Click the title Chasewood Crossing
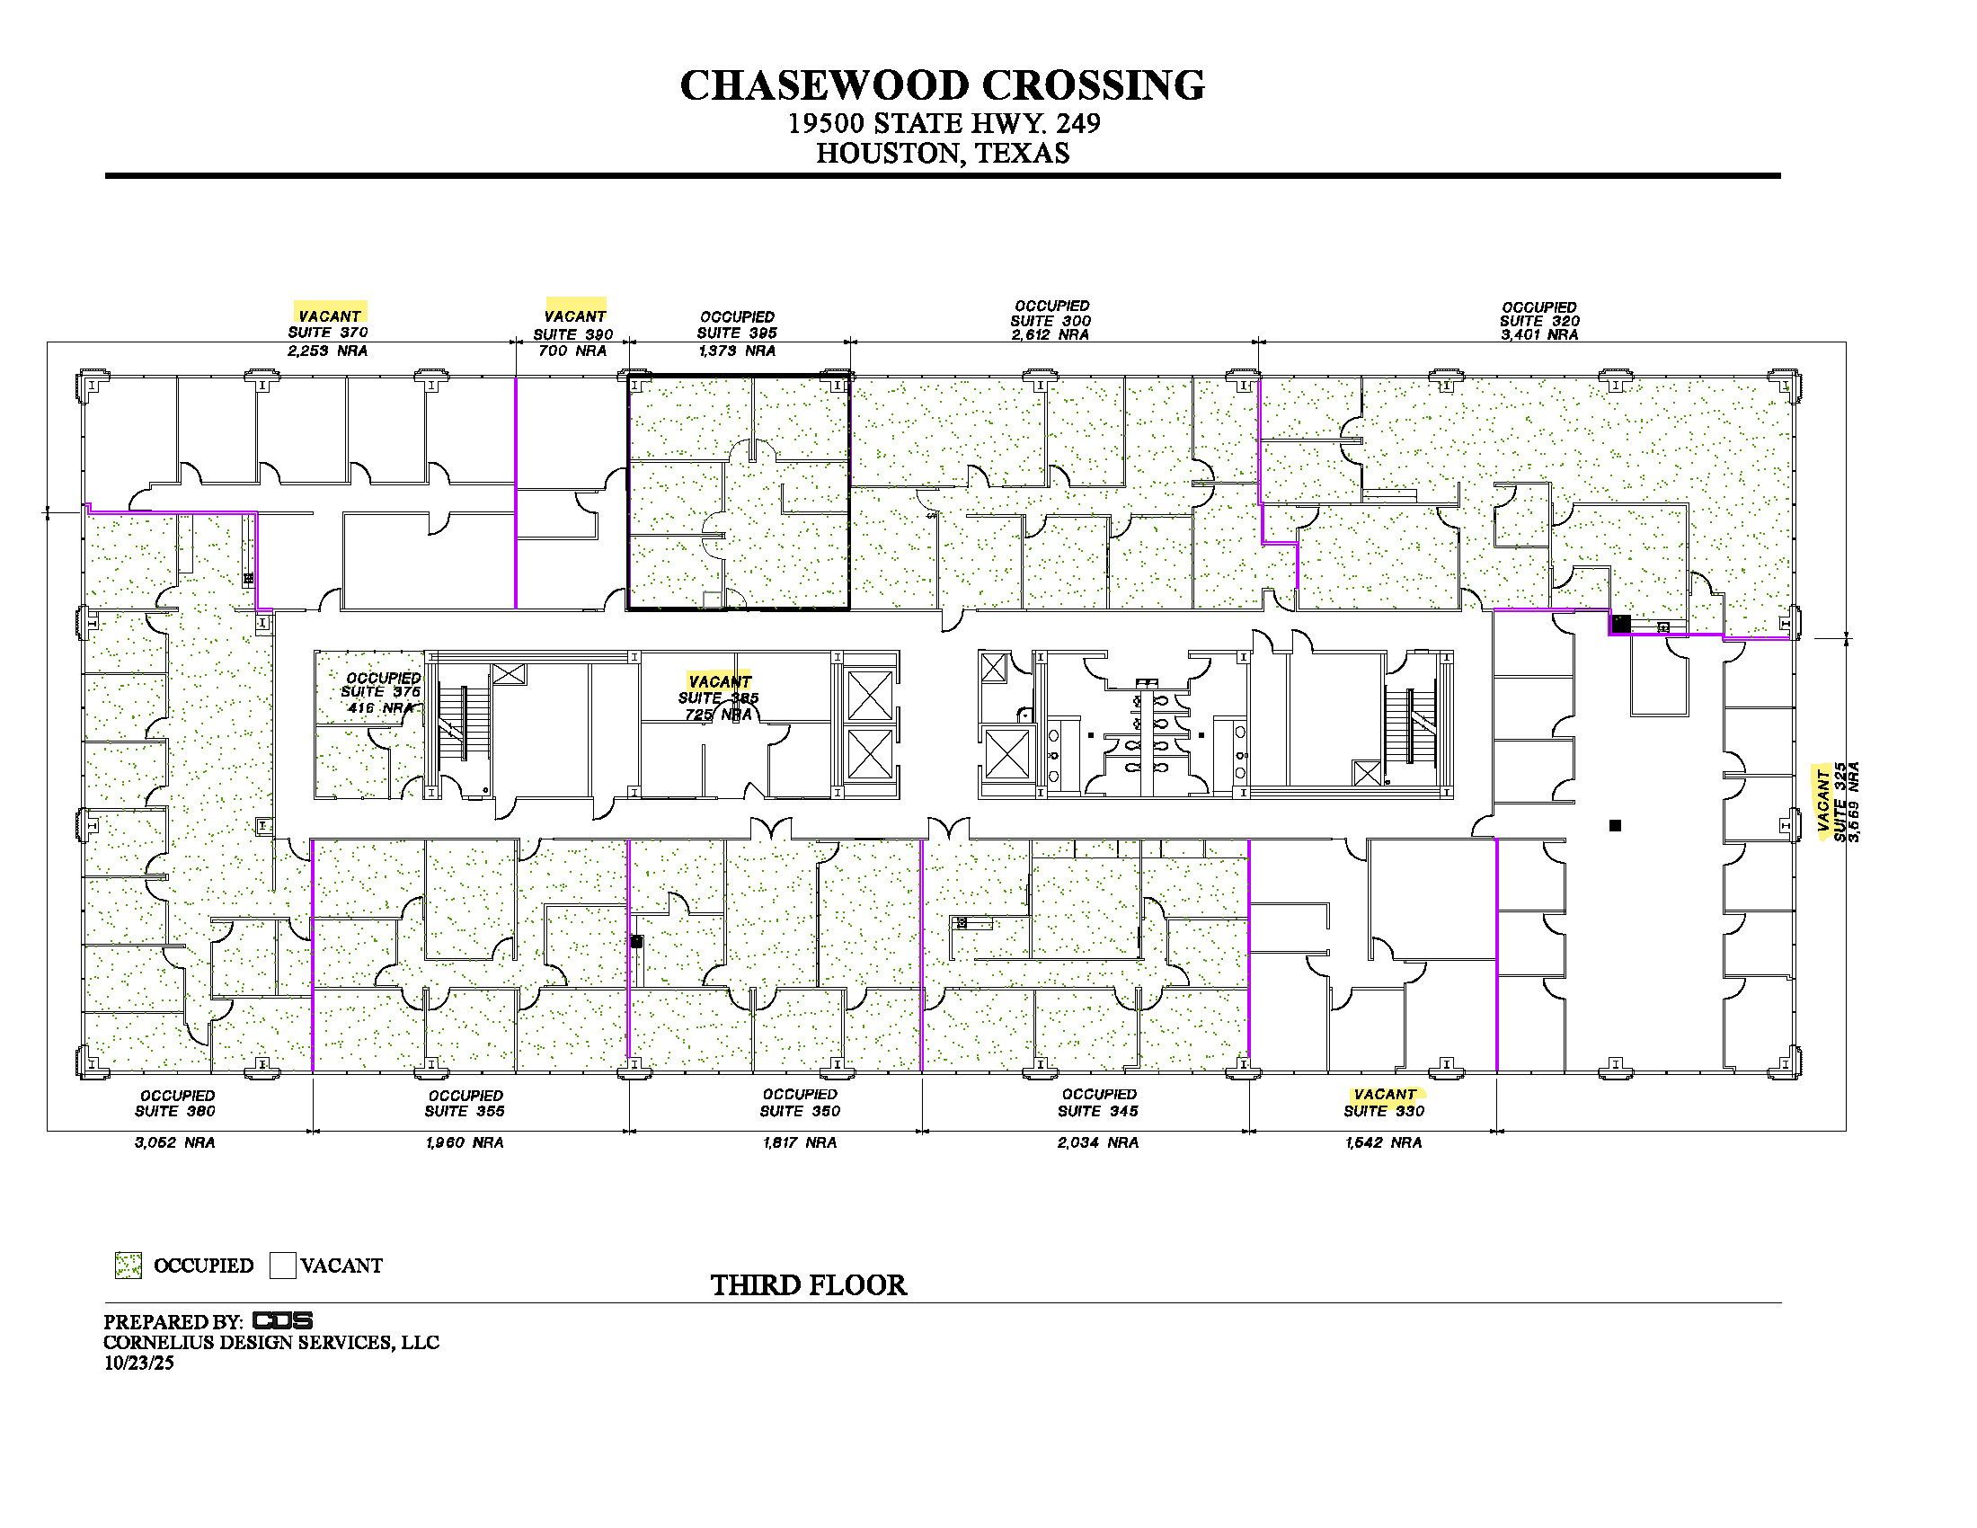pos(943,85)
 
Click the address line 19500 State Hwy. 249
pos(944,123)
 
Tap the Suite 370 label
pos(328,333)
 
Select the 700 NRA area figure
pos(572,351)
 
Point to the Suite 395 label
pos(737,333)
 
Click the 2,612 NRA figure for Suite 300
pos(1050,334)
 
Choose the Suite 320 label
pos(1538,321)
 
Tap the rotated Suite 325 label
pos(1840,802)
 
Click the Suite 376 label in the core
pos(381,691)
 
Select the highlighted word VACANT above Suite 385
pos(720,681)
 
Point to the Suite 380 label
pos(174,1111)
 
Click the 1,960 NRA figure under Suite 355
pos(465,1142)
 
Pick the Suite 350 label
pos(799,1111)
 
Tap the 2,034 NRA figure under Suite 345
pos(1098,1142)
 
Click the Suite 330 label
pos(1383,1111)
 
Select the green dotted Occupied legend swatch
pos(129,1265)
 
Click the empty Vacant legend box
pos(282,1265)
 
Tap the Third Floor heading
pos(809,1285)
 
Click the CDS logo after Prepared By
pos(282,1320)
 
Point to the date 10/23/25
pos(138,1363)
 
